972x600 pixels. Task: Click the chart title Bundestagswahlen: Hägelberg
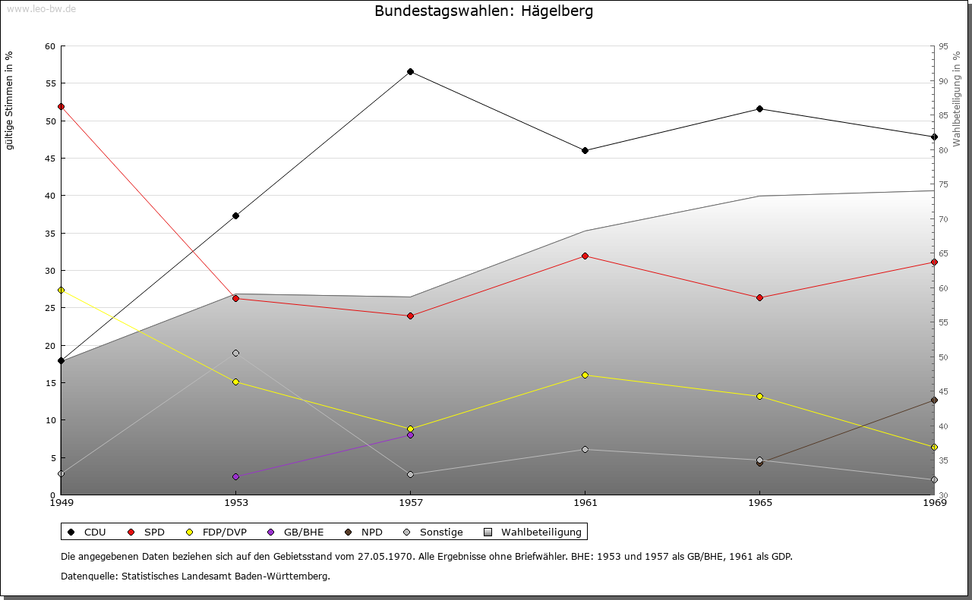pyautogui.click(x=484, y=11)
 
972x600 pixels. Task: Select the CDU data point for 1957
pyautogui.click(x=410, y=71)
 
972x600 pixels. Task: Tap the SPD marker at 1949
pyautogui.click(x=61, y=106)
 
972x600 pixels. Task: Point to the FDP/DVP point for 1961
pyautogui.click(x=585, y=375)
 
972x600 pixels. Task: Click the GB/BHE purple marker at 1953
pyautogui.click(x=235, y=476)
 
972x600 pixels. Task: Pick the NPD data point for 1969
pyautogui.click(x=934, y=400)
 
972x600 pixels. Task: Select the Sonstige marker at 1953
pyautogui.click(x=235, y=353)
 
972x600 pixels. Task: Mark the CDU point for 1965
pyautogui.click(x=759, y=108)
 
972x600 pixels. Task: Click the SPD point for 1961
pyautogui.click(x=585, y=256)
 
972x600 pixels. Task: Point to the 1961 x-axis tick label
pyautogui.click(x=585, y=502)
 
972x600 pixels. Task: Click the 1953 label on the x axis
pyautogui.click(x=235, y=502)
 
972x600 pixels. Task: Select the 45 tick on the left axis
pyautogui.click(x=50, y=159)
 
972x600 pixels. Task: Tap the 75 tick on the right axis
pyautogui.click(x=943, y=184)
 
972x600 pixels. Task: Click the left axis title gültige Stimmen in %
pyautogui.click(x=9, y=100)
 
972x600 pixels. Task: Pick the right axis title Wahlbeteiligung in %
pyautogui.click(x=957, y=99)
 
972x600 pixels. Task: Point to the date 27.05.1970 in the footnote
pyautogui.click(x=385, y=556)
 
